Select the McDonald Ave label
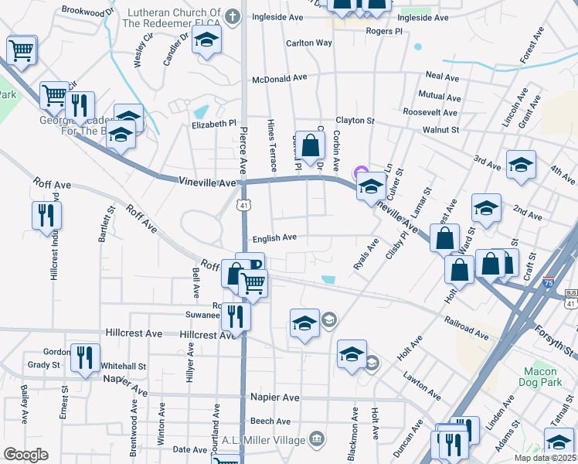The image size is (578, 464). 280,79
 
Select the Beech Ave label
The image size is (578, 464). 270,421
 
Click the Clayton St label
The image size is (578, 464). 355,121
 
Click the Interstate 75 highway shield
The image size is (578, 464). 549,283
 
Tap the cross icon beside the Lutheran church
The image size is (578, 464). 233,16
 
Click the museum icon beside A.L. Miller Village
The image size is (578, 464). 315,439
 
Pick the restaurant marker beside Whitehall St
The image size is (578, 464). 85,357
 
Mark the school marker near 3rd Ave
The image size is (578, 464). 521,165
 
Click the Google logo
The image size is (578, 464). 25,455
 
